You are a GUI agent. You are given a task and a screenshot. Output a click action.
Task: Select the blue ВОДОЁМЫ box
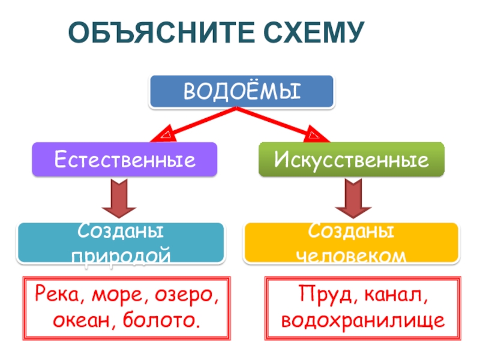(241, 92)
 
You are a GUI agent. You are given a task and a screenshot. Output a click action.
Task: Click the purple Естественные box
(124, 160)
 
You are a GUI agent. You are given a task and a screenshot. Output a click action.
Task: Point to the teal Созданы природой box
(121, 243)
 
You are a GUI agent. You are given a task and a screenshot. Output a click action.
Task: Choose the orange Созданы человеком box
(351, 243)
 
